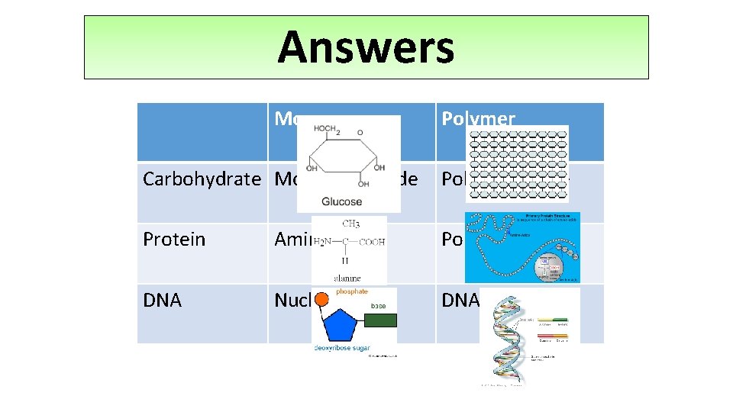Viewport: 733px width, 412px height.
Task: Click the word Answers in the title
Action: (x=366, y=47)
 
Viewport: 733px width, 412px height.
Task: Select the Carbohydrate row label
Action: (x=202, y=179)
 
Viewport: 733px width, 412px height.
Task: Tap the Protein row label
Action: (x=174, y=239)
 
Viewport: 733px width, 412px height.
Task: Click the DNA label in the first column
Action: (x=162, y=301)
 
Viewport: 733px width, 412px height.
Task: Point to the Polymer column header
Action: (x=478, y=118)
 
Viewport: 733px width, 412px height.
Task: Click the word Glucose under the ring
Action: (x=341, y=201)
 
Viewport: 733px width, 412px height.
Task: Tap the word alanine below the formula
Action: (x=348, y=278)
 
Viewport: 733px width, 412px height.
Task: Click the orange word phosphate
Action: (x=352, y=291)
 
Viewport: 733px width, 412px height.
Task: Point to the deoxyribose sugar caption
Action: (x=343, y=349)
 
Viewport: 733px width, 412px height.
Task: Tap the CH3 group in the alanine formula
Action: (x=352, y=224)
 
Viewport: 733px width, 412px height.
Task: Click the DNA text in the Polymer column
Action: (x=460, y=301)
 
